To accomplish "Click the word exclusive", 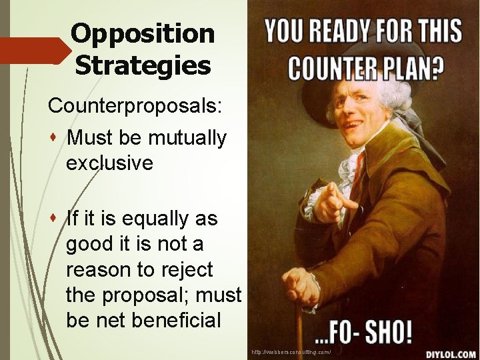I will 109,163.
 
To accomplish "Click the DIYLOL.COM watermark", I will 451,353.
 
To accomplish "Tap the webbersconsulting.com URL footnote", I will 291,351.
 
